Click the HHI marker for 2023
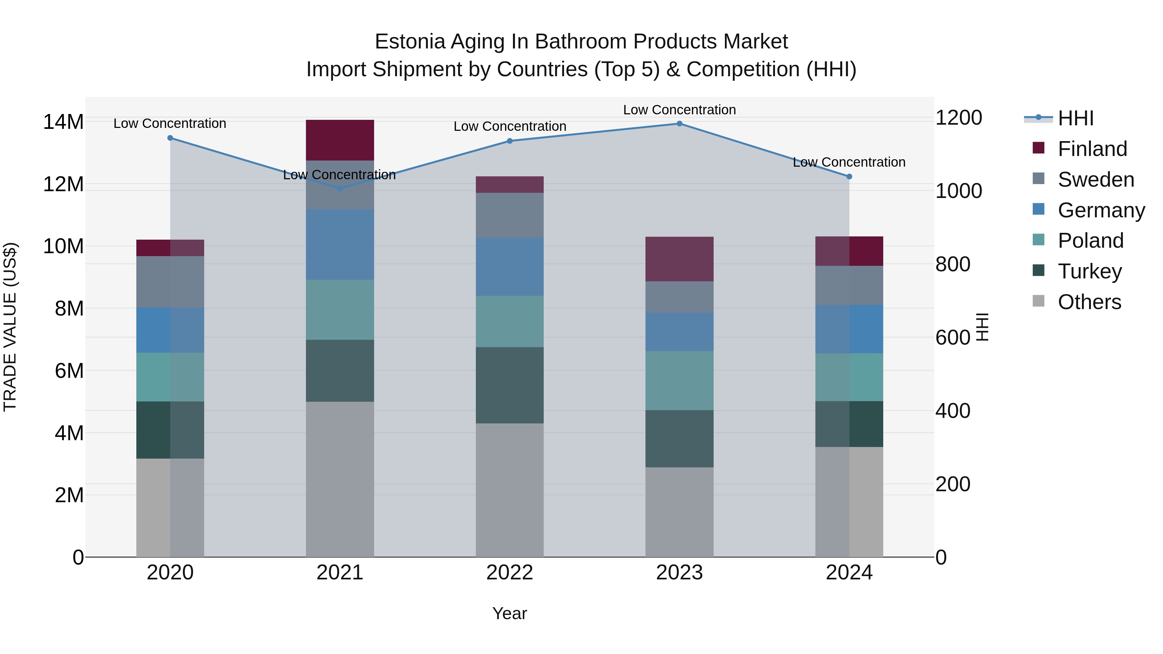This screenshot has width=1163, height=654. pyautogui.click(x=679, y=124)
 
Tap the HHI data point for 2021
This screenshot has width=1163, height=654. pyautogui.click(x=340, y=188)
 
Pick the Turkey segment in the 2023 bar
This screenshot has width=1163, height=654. pyautogui.click(x=679, y=438)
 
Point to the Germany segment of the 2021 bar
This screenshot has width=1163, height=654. pyautogui.click(x=340, y=244)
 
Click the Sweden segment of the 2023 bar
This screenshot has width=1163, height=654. pyautogui.click(x=679, y=297)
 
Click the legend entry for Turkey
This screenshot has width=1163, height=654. pyautogui.click(x=1089, y=271)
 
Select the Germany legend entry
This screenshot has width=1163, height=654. pyautogui.click(x=1101, y=210)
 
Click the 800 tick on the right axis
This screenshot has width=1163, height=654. pyautogui.click(x=953, y=264)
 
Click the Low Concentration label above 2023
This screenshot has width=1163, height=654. pyautogui.click(x=679, y=110)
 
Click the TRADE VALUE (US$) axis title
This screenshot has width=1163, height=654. pyautogui.click(x=10, y=327)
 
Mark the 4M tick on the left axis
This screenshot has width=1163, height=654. pyautogui.click(x=68, y=433)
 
